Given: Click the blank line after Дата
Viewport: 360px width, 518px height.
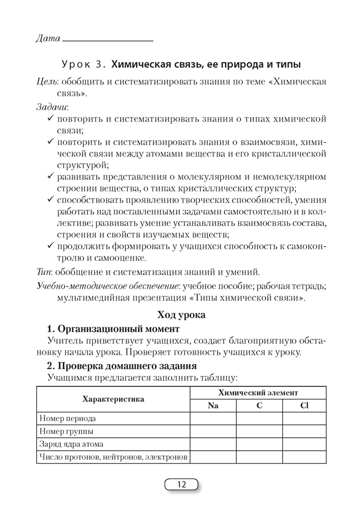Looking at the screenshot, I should coord(108,40).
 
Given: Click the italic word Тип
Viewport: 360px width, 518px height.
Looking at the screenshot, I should coord(44,272).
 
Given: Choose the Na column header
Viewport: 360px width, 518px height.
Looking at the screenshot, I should coord(213,406).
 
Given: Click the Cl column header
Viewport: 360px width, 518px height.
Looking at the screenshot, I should coord(305,406).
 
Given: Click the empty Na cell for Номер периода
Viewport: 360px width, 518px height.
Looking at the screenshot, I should coord(213,418).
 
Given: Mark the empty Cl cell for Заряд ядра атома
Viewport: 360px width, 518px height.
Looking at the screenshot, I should coord(305,444).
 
